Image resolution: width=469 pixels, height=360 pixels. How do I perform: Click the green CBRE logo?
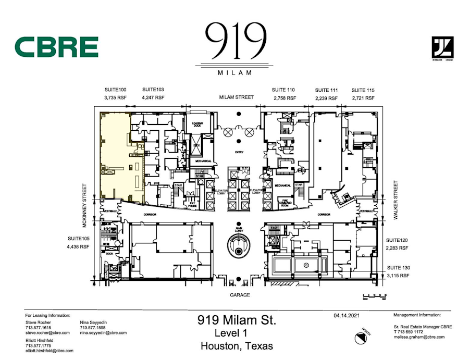tap(56, 47)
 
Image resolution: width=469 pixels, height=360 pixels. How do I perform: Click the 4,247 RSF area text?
tap(153, 97)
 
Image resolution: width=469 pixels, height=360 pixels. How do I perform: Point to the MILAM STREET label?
tap(236, 97)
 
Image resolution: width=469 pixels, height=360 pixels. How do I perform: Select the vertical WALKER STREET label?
tap(396, 200)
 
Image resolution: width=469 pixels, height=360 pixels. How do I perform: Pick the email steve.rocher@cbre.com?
tap(47, 332)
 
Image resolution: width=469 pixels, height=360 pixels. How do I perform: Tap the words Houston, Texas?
tap(236, 346)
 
